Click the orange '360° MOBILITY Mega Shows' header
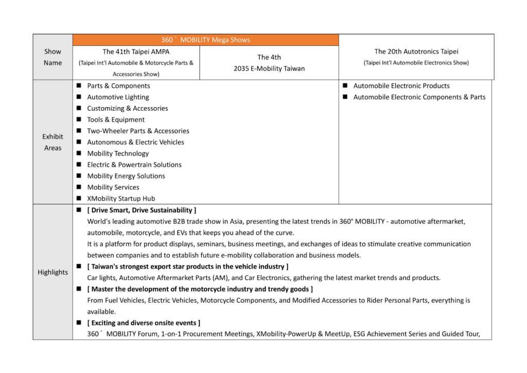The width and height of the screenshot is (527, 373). pos(205,40)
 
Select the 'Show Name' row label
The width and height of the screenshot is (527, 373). pos(52,57)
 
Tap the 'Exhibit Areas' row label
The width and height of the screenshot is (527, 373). pos(52,142)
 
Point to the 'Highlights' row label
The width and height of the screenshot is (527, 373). pos(52,272)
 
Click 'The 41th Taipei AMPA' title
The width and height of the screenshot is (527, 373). pos(136,52)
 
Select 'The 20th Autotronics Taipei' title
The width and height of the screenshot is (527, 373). pos(416,52)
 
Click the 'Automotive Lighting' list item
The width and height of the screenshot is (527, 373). pos(118,97)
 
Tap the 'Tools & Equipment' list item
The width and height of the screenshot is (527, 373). pos(116,120)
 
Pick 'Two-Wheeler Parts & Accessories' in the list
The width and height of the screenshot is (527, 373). pos(138,131)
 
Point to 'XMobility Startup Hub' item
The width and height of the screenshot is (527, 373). pos(121,198)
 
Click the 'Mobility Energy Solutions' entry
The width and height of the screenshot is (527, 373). pos(126,176)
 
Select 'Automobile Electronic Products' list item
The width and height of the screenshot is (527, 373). pos(401,86)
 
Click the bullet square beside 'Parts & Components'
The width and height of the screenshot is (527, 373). pos(79,86)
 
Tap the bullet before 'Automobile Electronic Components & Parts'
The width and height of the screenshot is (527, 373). pos(345,97)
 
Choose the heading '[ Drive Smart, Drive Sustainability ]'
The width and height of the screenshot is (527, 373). pos(142,210)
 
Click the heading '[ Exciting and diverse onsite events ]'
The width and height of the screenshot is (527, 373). pos(144,323)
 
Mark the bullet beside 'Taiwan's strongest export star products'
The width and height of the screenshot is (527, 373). pos(79,266)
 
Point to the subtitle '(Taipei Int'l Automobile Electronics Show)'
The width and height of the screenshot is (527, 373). pos(416,63)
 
